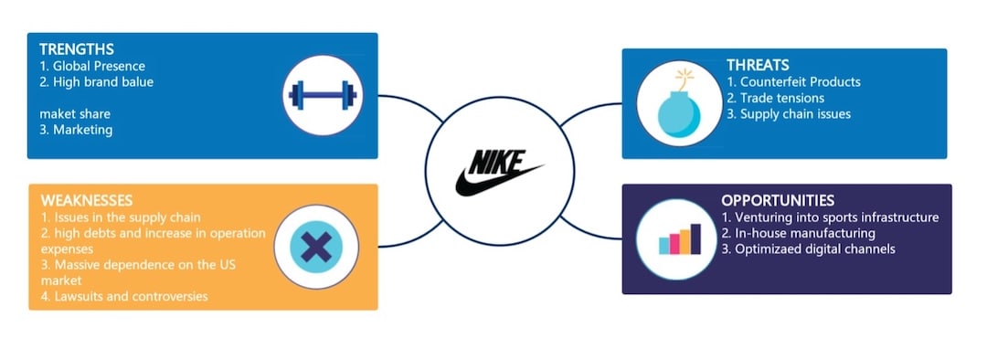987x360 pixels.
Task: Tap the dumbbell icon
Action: point(320,95)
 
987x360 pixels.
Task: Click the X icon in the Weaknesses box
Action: point(315,247)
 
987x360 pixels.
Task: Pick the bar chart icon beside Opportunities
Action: point(676,238)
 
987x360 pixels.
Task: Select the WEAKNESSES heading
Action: point(87,200)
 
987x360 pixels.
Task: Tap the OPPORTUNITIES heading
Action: point(777,200)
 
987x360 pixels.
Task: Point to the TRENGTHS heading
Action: point(78,48)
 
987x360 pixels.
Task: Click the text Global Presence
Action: point(99,66)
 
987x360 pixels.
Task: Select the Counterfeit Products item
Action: point(794,81)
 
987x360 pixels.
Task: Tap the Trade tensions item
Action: point(776,98)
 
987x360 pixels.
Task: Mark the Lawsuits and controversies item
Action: point(124,296)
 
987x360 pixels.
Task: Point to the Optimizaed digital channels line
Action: point(808,249)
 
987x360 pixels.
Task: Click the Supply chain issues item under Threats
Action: point(789,114)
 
